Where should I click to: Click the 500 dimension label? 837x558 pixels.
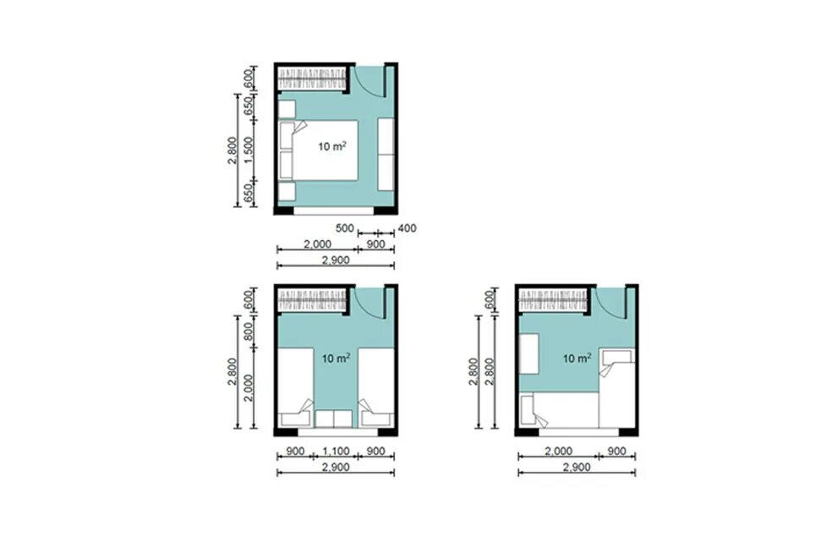click(344, 228)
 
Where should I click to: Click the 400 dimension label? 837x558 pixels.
click(407, 228)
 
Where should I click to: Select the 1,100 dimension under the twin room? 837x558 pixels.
click(336, 451)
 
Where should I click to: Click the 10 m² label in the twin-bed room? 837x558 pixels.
click(336, 358)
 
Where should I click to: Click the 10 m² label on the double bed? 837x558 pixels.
click(332, 146)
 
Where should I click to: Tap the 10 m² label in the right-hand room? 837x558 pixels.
click(577, 358)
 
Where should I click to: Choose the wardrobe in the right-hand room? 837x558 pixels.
click(552, 301)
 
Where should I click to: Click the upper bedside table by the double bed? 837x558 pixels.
click(287, 109)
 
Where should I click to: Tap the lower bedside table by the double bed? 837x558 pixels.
click(287, 192)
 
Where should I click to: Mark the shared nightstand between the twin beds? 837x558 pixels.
click(334, 419)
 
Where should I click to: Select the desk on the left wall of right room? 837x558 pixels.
click(529, 353)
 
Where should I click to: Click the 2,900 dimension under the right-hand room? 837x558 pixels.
click(577, 468)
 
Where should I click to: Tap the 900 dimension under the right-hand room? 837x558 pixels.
click(616, 451)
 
